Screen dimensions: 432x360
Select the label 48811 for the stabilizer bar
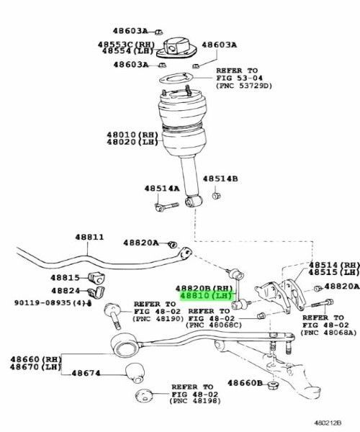pos(89,237)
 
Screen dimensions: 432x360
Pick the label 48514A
pos(161,189)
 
